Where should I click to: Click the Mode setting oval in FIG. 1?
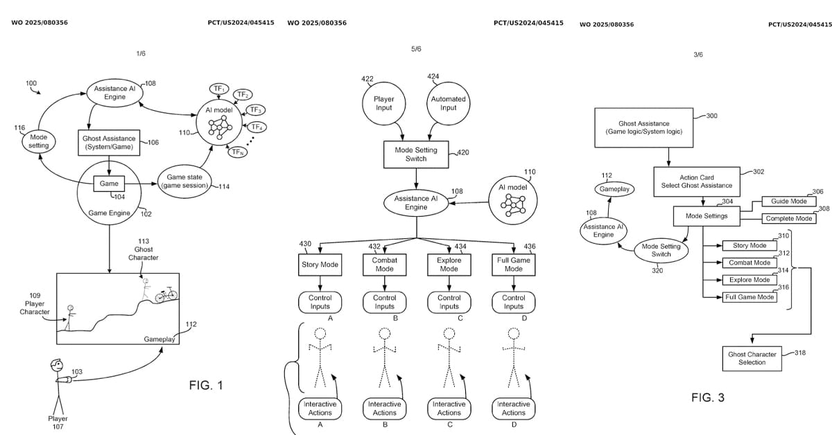(x=38, y=141)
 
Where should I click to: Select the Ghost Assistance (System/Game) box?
(x=109, y=143)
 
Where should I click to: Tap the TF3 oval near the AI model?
(x=255, y=110)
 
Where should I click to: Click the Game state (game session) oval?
(x=184, y=181)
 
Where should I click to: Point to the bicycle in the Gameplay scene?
(x=166, y=294)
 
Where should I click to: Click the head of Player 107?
(x=57, y=366)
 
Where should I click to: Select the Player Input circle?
(x=383, y=103)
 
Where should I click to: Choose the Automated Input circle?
(x=449, y=103)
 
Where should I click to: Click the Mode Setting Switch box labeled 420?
(x=416, y=154)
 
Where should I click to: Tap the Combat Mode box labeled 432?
(x=384, y=265)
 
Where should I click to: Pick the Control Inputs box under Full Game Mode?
(x=514, y=302)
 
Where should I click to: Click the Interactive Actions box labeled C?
(x=449, y=408)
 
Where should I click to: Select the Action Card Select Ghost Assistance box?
(x=697, y=181)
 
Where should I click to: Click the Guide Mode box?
(x=789, y=201)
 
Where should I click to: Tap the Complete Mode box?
(x=789, y=219)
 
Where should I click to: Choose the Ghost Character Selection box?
(x=752, y=359)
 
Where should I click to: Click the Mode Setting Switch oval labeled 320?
(x=661, y=250)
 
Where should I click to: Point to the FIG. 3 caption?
(x=708, y=398)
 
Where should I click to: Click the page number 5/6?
(x=416, y=49)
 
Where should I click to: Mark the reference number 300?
(x=711, y=116)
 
